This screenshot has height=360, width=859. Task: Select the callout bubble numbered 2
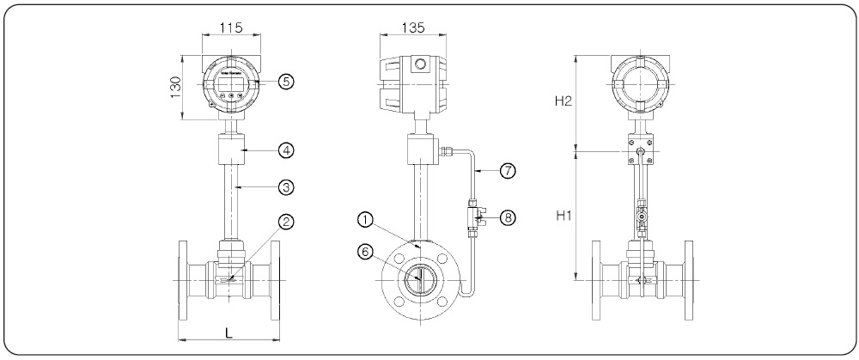pyautogui.click(x=288, y=222)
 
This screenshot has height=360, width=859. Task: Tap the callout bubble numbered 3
pyautogui.click(x=288, y=186)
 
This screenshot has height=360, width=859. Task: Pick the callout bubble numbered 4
pyautogui.click(x=288, y=149)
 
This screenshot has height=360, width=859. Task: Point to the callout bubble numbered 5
pyautogui.click(x=288, y=81)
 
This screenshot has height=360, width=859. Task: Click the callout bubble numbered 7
pyautogui.click(x=508, y=170)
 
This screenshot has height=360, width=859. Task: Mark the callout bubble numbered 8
pyautogui.click(x=508, y=217)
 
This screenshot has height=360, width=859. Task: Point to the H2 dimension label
pyautogui.click(x=564, y=101)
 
